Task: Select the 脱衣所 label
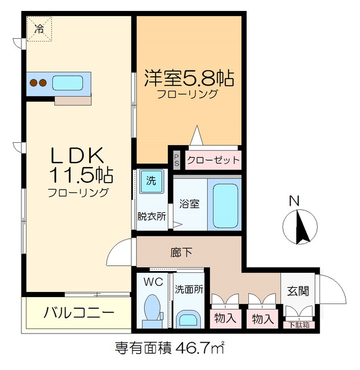151,216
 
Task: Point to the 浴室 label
190,204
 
